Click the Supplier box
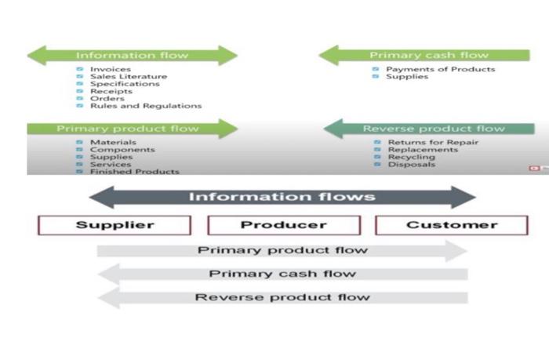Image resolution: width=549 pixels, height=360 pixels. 115,225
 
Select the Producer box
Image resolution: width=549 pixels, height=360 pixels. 283,225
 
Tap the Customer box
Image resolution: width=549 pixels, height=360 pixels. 452,225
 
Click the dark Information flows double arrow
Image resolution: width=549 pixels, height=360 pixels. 282,197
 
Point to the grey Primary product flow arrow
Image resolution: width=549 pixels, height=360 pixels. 282,251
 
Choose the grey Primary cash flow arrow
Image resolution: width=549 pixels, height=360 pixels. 282,274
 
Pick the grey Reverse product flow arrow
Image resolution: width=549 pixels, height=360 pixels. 282,297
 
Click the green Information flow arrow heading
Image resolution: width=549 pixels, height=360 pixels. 132,56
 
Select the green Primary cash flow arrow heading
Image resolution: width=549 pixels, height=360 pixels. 428,56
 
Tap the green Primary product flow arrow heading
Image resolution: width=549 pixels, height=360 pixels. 132,129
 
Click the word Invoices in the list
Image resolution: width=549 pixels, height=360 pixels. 110,70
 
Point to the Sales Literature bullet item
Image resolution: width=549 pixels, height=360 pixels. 128,77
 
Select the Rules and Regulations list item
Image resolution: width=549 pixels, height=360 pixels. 145,106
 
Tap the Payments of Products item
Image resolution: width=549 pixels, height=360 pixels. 441,69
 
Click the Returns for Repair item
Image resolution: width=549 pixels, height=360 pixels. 433,142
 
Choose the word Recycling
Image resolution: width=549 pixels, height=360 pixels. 411,157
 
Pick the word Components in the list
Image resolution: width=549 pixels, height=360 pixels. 122,150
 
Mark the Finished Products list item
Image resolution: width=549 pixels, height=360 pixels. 134,171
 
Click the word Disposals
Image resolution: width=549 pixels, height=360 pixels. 411,165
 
